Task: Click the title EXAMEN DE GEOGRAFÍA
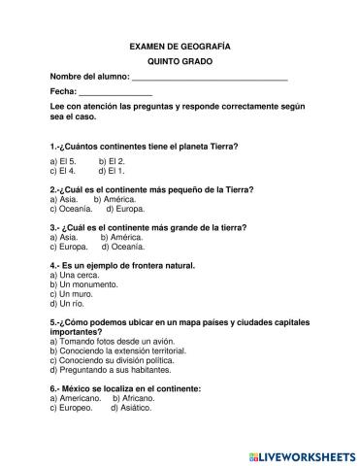(180, 46)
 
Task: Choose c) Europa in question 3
(68, 247)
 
